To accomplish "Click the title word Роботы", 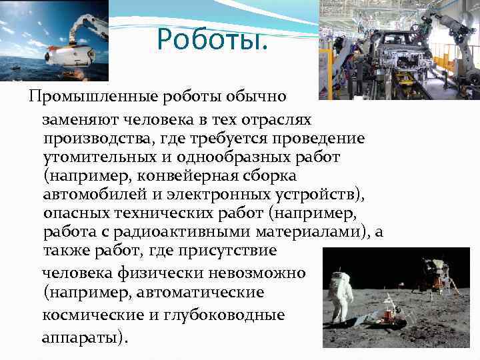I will tap(212, 39).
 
